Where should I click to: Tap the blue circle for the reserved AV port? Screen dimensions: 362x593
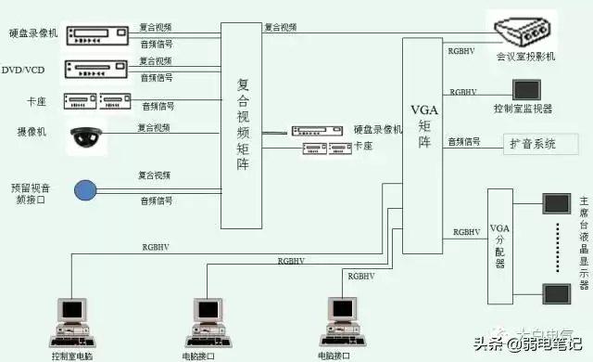[x=85, y=190]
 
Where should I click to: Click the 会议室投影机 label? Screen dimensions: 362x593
[x=525, y=58]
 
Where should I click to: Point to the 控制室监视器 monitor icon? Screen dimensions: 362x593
[x=526, y=89]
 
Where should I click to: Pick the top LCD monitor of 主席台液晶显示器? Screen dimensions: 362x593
[x=558, y=202]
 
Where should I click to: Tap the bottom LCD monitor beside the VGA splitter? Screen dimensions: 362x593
[x=558, y=292]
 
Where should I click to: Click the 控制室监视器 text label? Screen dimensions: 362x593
[x=524, y=109]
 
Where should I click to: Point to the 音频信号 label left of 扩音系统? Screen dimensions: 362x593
[x=464, y=142]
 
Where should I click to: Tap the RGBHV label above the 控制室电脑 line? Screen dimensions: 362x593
[x=156, y=247]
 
